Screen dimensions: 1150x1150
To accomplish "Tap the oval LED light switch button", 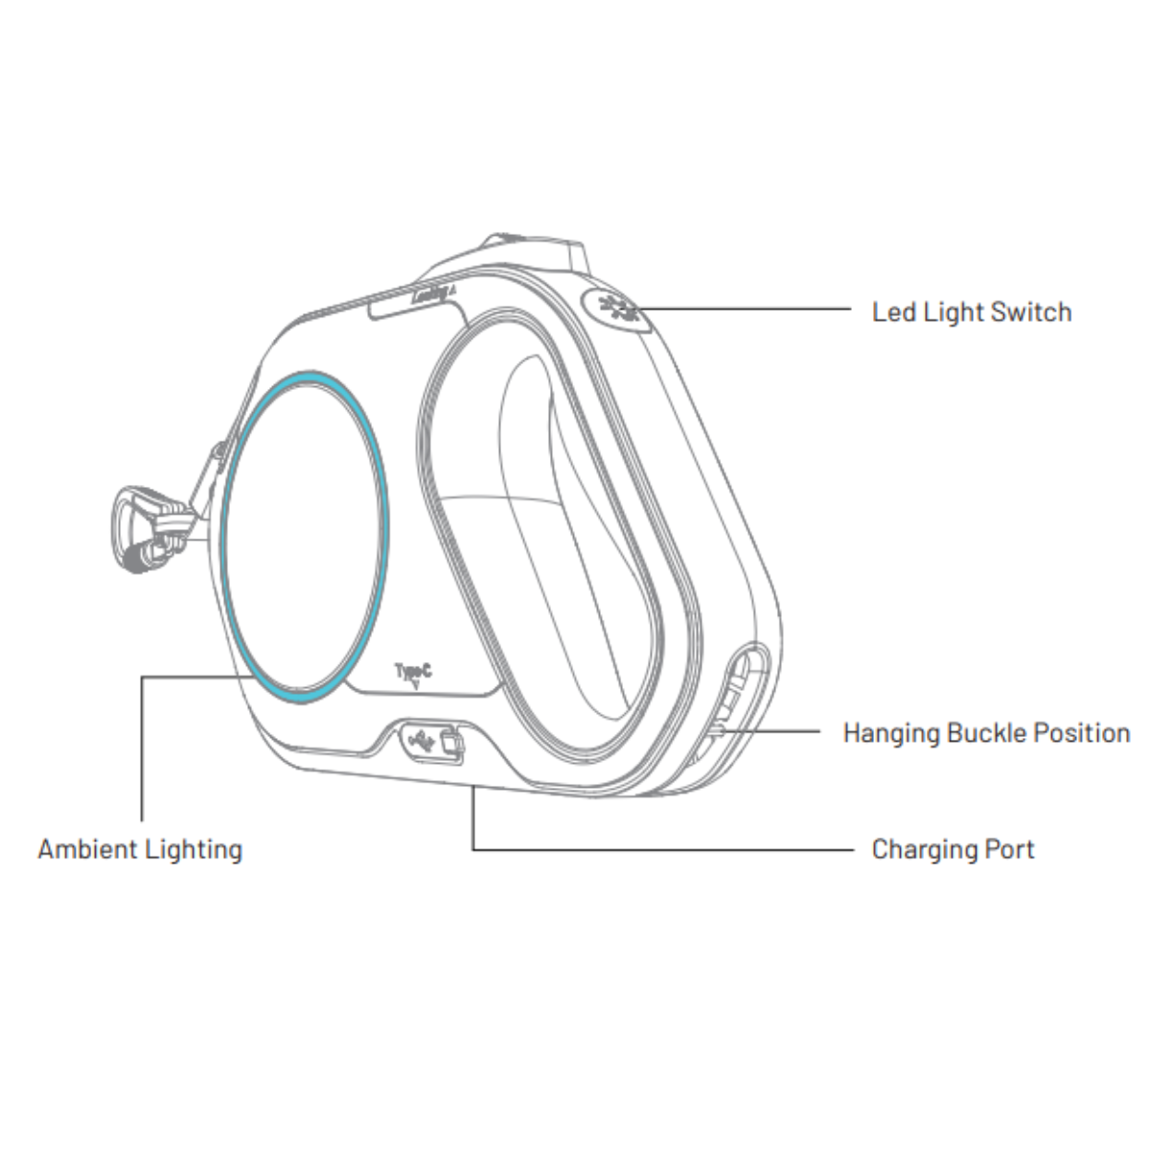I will point(617,310).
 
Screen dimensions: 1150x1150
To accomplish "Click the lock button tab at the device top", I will point(532,249).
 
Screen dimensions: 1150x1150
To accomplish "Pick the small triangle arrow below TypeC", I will point(415,686).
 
